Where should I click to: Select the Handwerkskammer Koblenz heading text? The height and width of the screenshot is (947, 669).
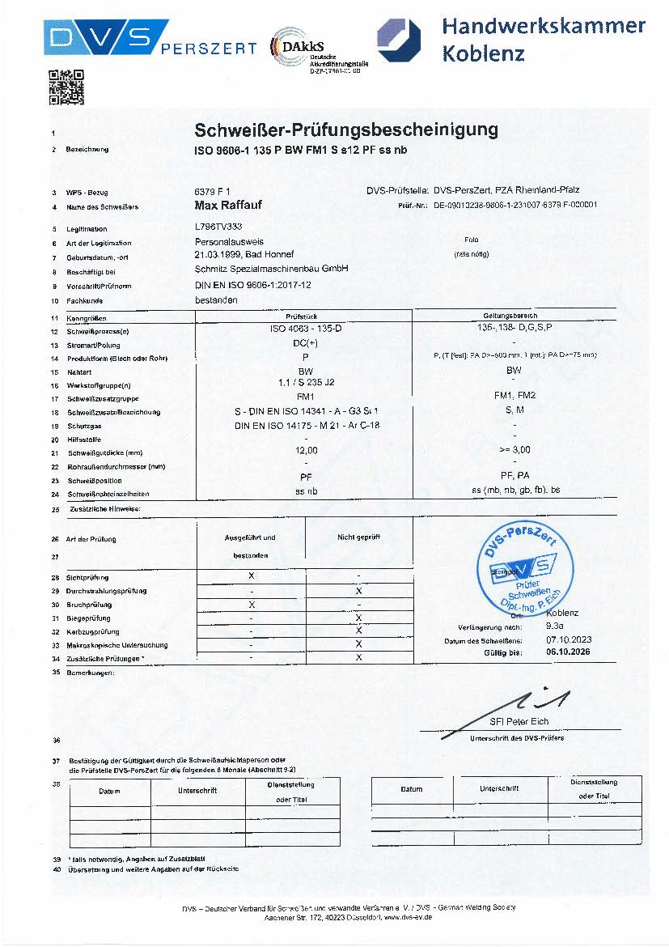[x=543, y=40]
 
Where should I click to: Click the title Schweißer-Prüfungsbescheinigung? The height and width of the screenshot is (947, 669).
[x=346, y=130]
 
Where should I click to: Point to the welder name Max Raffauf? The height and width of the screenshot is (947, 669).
[x=229, y=206]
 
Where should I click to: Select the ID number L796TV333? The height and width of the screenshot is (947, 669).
[x=218, y=228]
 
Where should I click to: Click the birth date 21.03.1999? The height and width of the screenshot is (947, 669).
[x=214, y=254]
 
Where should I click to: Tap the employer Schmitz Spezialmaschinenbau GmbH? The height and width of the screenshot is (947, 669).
[x=272, y=269]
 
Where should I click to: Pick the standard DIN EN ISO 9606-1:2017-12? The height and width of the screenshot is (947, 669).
[x=253, y=285]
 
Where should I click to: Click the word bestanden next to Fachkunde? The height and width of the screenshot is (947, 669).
[x=216, y=299]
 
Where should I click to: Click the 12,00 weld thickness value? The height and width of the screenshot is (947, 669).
[x=305, y=451]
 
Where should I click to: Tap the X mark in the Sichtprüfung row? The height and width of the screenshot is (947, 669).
[x=252, y=575]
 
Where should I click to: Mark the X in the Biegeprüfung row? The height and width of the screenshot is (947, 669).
[x=358, y=617]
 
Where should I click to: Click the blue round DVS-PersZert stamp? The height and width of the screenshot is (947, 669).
[x=519, y=567]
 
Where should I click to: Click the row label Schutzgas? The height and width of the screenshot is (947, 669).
[x=86, y=425]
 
